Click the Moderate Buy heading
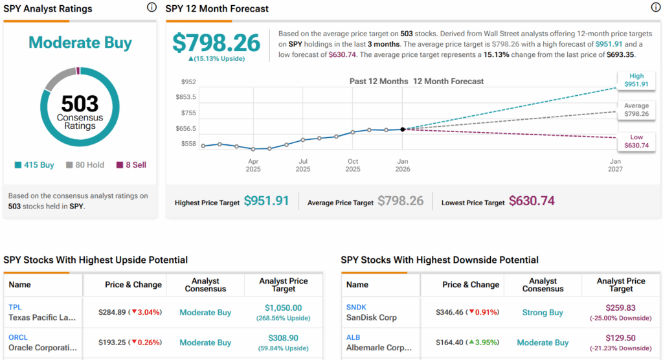click(x=80, y=43)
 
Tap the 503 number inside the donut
click(x=80, y=104)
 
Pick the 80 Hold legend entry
click(x=85, y=165)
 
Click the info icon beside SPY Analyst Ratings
click(x=152, y=8)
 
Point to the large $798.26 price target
click(x=216, y=43)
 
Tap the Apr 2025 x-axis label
click(x=253, y=164)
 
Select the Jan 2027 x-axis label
click(x=615, y=164)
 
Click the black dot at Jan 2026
click(x=403, y=129)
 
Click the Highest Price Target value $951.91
click(x=266, y=201)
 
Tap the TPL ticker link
click(x=15, y=307)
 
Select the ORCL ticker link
click(x=17, y=337)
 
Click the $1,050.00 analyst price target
click(x=283, y=308)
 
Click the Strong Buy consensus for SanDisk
click(x=543, y=313)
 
